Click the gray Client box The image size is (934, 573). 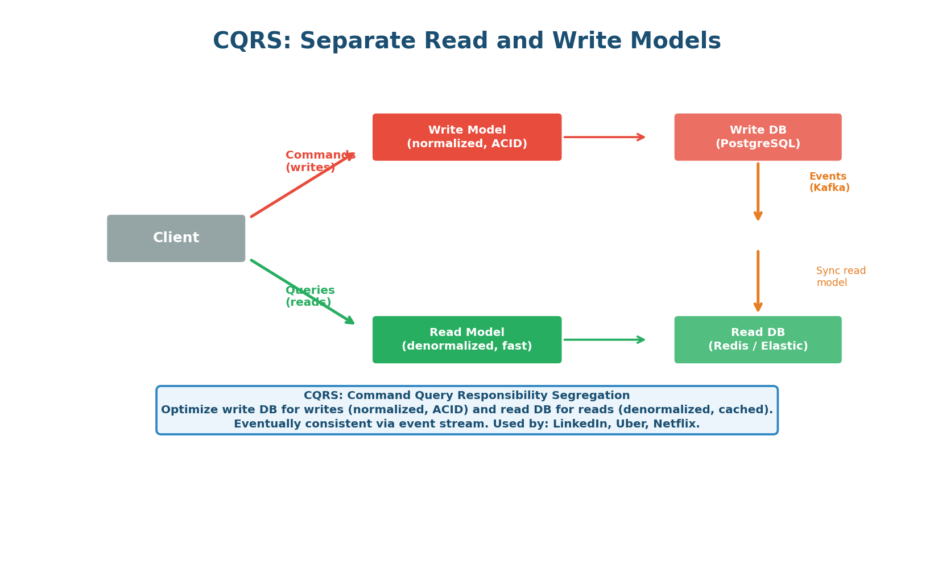click(x=176, y=238)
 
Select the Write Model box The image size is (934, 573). click(x=466, y=137)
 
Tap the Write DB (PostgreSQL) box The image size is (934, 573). click(x=758, y=137)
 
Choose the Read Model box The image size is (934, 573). click(x=466, y=339)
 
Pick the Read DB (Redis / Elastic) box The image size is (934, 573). click(x=758, y=339)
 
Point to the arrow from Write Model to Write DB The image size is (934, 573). click(x=604, y=137)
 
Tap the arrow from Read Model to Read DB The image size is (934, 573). click(x=604, y=340)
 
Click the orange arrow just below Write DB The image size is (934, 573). click(x=758, y=192)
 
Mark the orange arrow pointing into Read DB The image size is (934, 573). click(x=758, y=281)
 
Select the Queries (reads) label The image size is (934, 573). click(x=309, y=296)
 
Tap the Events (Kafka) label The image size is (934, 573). click(x=829, y=182)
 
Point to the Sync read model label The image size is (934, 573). click(x=840, y=277)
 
